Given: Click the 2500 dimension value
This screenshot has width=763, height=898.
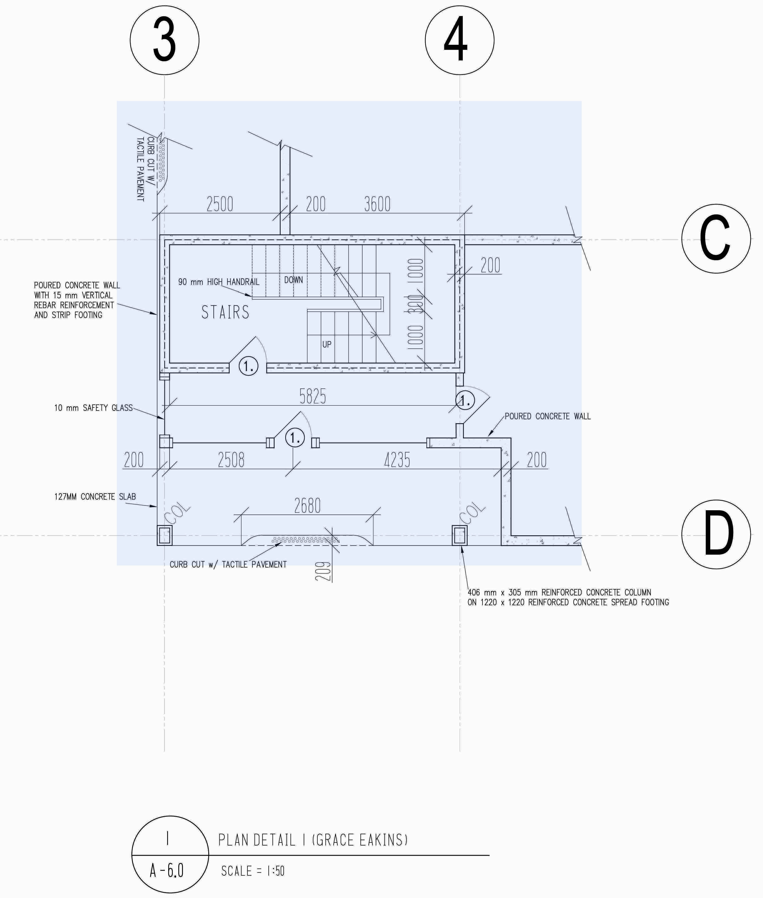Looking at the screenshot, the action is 220,204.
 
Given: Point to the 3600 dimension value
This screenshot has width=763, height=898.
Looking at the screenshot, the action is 377,204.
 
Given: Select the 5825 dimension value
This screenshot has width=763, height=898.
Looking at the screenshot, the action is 313,396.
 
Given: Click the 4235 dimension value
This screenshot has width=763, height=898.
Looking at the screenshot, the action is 397,460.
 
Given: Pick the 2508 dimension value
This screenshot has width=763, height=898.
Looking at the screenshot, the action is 231,460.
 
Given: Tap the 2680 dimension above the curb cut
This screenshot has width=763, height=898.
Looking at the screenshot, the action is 307,505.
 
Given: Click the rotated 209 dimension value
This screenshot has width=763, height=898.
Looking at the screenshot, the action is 323,571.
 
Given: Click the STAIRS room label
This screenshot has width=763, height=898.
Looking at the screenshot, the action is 225,312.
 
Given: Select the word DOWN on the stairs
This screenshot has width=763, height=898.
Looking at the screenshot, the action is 294,280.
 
